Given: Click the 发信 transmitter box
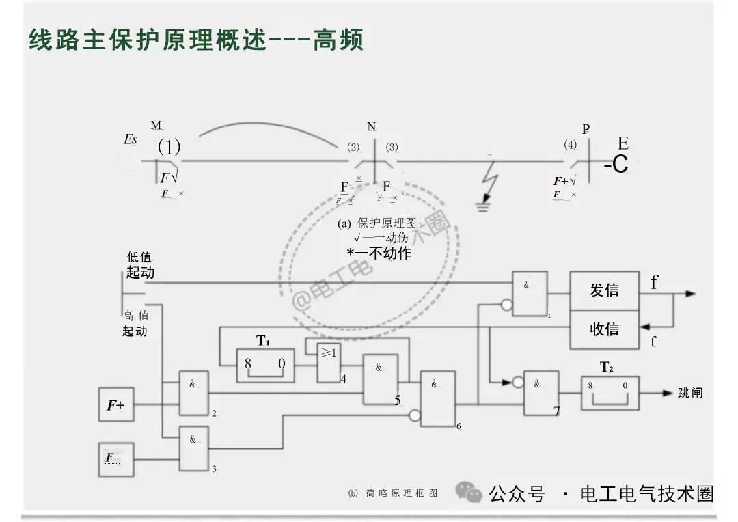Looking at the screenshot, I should (604, 290).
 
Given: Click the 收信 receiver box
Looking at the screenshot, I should (604, 329).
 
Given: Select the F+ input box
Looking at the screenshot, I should (115, 405).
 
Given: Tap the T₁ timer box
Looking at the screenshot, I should (265, 365).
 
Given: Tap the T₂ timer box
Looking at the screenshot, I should (610, 393).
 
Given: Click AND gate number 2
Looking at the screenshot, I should (193, 394).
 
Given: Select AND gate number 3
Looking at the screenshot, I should (193, 447).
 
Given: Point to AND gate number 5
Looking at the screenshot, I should (380, 379).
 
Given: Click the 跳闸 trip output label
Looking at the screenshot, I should (689, 393).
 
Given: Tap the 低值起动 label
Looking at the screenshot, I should (139, 265).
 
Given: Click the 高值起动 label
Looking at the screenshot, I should (135, 323).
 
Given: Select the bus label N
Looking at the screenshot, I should (371, 127).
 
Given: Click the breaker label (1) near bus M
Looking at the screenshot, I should (169, 147).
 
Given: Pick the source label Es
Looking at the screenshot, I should (131, 139).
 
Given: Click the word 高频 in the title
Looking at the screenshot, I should (338, 40).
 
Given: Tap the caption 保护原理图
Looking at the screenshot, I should (386, 223).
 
